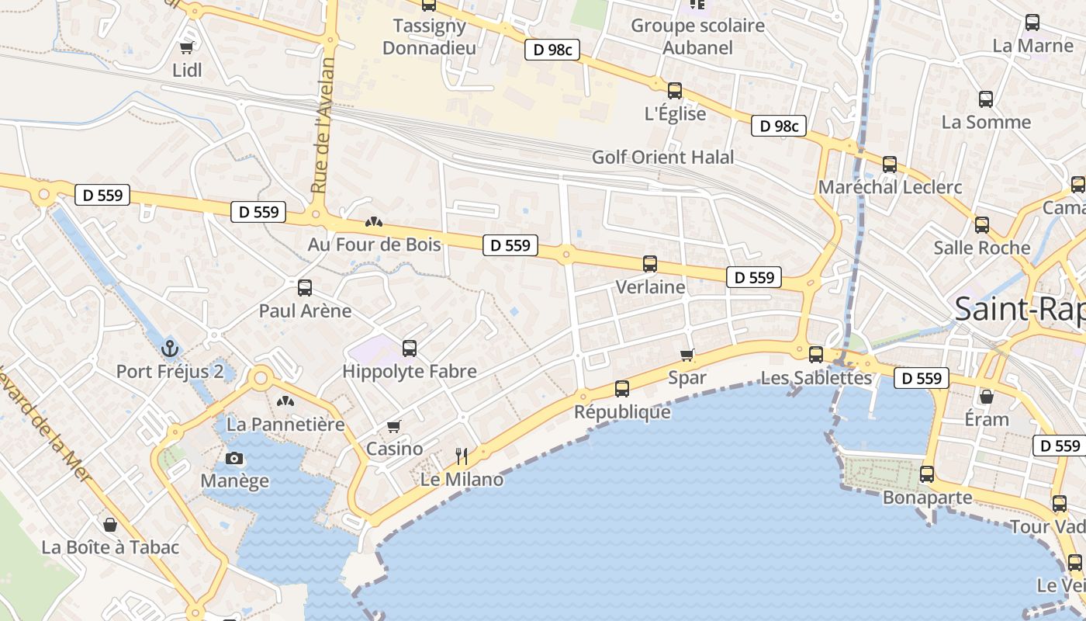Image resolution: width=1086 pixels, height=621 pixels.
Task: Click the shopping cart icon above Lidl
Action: pos(186,48)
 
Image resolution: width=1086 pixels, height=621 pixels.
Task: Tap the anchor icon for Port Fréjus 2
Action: pos(170,349)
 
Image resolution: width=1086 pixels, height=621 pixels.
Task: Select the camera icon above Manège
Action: pos(234,458)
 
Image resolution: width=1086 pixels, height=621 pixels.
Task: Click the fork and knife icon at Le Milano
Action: pos(462,456)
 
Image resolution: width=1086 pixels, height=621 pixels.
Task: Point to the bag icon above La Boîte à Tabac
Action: pos(110,525)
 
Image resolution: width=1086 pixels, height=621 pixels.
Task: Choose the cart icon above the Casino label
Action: pos(394,426)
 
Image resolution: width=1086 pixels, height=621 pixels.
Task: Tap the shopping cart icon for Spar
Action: pos(687,356)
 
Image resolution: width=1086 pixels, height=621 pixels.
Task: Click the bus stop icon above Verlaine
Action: pos(650,264)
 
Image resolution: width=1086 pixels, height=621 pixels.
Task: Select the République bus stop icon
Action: pos(622,389)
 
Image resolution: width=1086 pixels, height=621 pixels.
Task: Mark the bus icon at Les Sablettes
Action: pos(816,355)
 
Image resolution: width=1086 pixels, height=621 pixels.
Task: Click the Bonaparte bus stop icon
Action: pos(927,474)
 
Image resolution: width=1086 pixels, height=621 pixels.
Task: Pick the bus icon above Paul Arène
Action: pos(305,288)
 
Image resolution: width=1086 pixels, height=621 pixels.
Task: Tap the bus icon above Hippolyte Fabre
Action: pos(410,349)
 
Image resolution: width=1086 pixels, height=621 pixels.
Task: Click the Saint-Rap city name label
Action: pos(1019,309)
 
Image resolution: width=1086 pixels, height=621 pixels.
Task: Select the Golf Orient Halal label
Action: pos(662,157)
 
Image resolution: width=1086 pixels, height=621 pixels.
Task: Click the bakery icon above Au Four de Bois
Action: pos(374,222)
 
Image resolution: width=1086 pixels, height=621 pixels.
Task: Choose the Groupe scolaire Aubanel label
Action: pos(697,36)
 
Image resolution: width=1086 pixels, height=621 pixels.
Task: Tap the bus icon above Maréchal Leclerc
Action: pos(890,165)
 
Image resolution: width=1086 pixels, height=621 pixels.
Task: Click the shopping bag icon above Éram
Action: pos(987,397)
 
